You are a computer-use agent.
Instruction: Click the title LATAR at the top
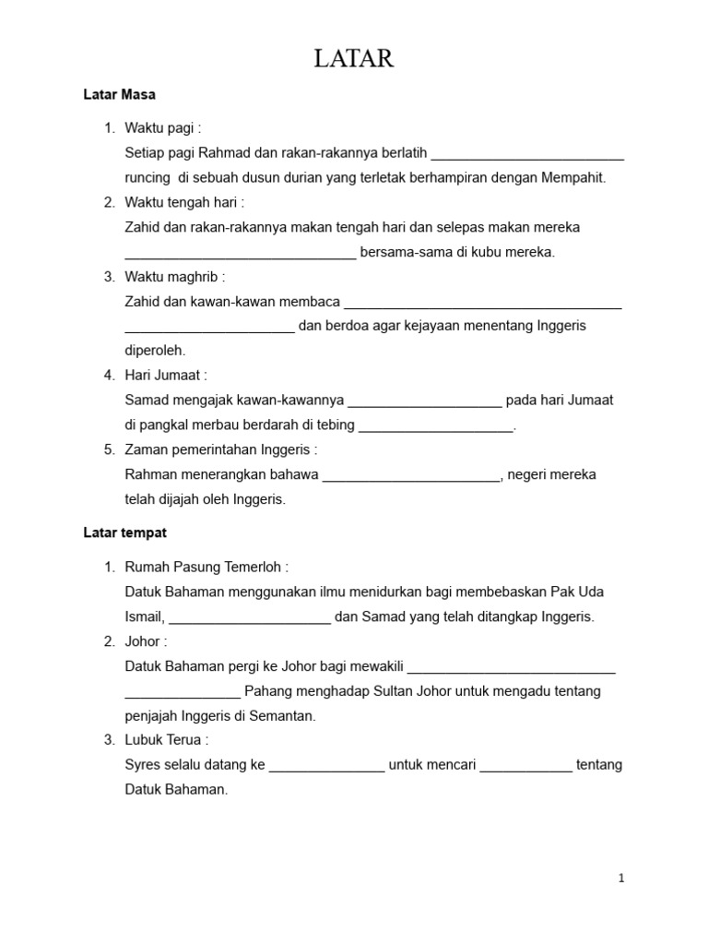click(354, 59)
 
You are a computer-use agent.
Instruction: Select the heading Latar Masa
click(119, 94)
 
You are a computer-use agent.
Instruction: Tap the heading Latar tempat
click(124, 533)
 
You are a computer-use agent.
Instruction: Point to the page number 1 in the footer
click(621, 879)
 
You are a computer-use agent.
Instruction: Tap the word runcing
click(147, 177)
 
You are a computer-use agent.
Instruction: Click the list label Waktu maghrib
click(174, 277)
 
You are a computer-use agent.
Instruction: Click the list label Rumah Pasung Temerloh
click(206, 567)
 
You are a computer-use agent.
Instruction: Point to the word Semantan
click(286, 716)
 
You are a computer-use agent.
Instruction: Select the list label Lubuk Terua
click(166, 740)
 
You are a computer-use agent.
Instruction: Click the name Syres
click(142, 765)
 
